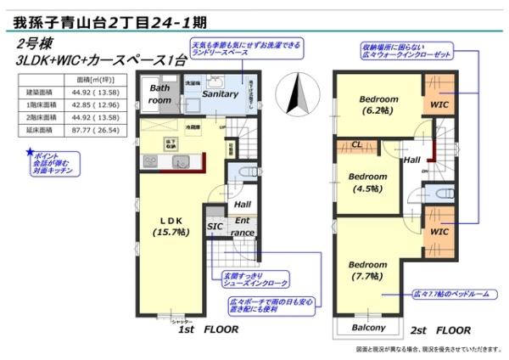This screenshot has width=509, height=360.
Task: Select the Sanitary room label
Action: (219, 95)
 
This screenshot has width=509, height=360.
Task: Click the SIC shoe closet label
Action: (215, 227)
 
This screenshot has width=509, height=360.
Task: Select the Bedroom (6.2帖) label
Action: (375, 104)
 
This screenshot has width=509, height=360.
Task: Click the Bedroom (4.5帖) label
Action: (368, 182)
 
